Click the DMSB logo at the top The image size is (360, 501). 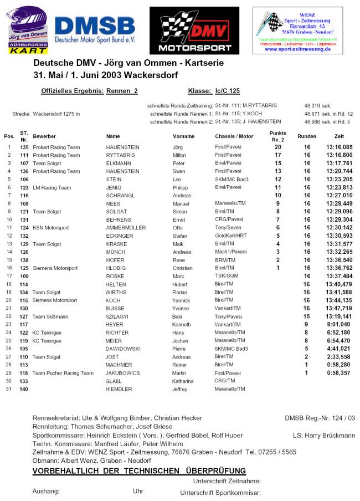(x=95, y=30)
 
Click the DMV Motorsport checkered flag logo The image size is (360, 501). (x=194, y=30)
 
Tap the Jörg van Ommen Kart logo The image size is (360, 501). (x=29, y=30)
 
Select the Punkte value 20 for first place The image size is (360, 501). (x=278, y=147)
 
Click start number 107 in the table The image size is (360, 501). (x=24, y=163)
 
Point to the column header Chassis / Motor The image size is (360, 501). (x=234, y=136)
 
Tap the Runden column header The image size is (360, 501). (x=307, y=136)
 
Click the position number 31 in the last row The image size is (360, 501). (x=9, y=389)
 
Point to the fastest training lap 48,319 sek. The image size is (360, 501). (x=317, y=105)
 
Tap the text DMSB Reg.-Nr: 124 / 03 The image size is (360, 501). (x=320, y=418)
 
